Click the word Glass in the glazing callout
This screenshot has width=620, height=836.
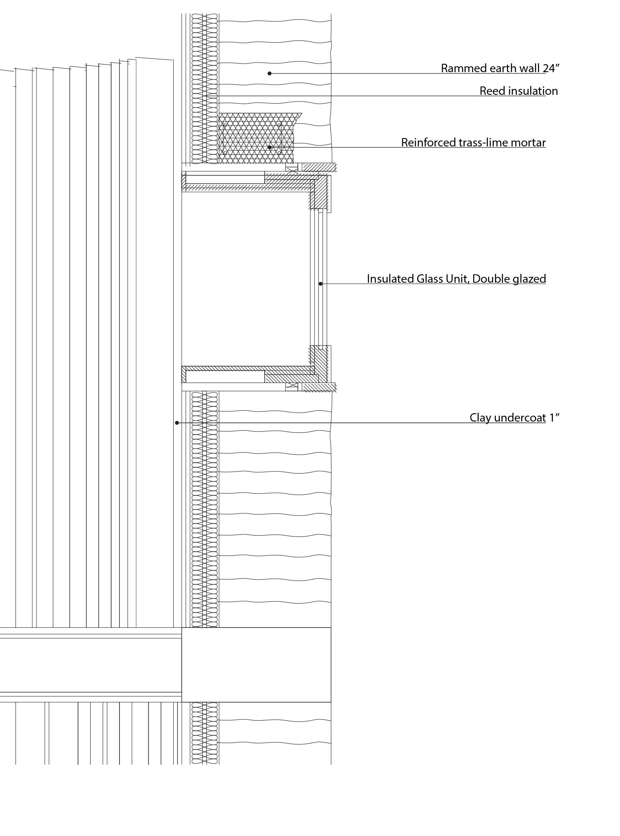pyautogui.click(x=428, y=279)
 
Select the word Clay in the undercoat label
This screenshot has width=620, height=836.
pyautogui.click(x=480, y=418)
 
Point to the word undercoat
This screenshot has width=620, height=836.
pyautogui.click(x=520, y=418)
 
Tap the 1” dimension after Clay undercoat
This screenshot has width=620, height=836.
pyautogui.click(x=555, y=418)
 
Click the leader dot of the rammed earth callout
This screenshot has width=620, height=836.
pyautogui.click(x=270, y=73)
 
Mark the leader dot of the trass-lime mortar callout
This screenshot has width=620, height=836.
pyautogui.click(x=270, y=148)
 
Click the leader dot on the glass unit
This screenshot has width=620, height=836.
pyautogui.click(x=320, y=284)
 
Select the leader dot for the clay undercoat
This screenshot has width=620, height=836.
pyautogui.click(x=177, y=423)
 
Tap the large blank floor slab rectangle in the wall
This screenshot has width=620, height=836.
pyautogui.click(x=256, y=665)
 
